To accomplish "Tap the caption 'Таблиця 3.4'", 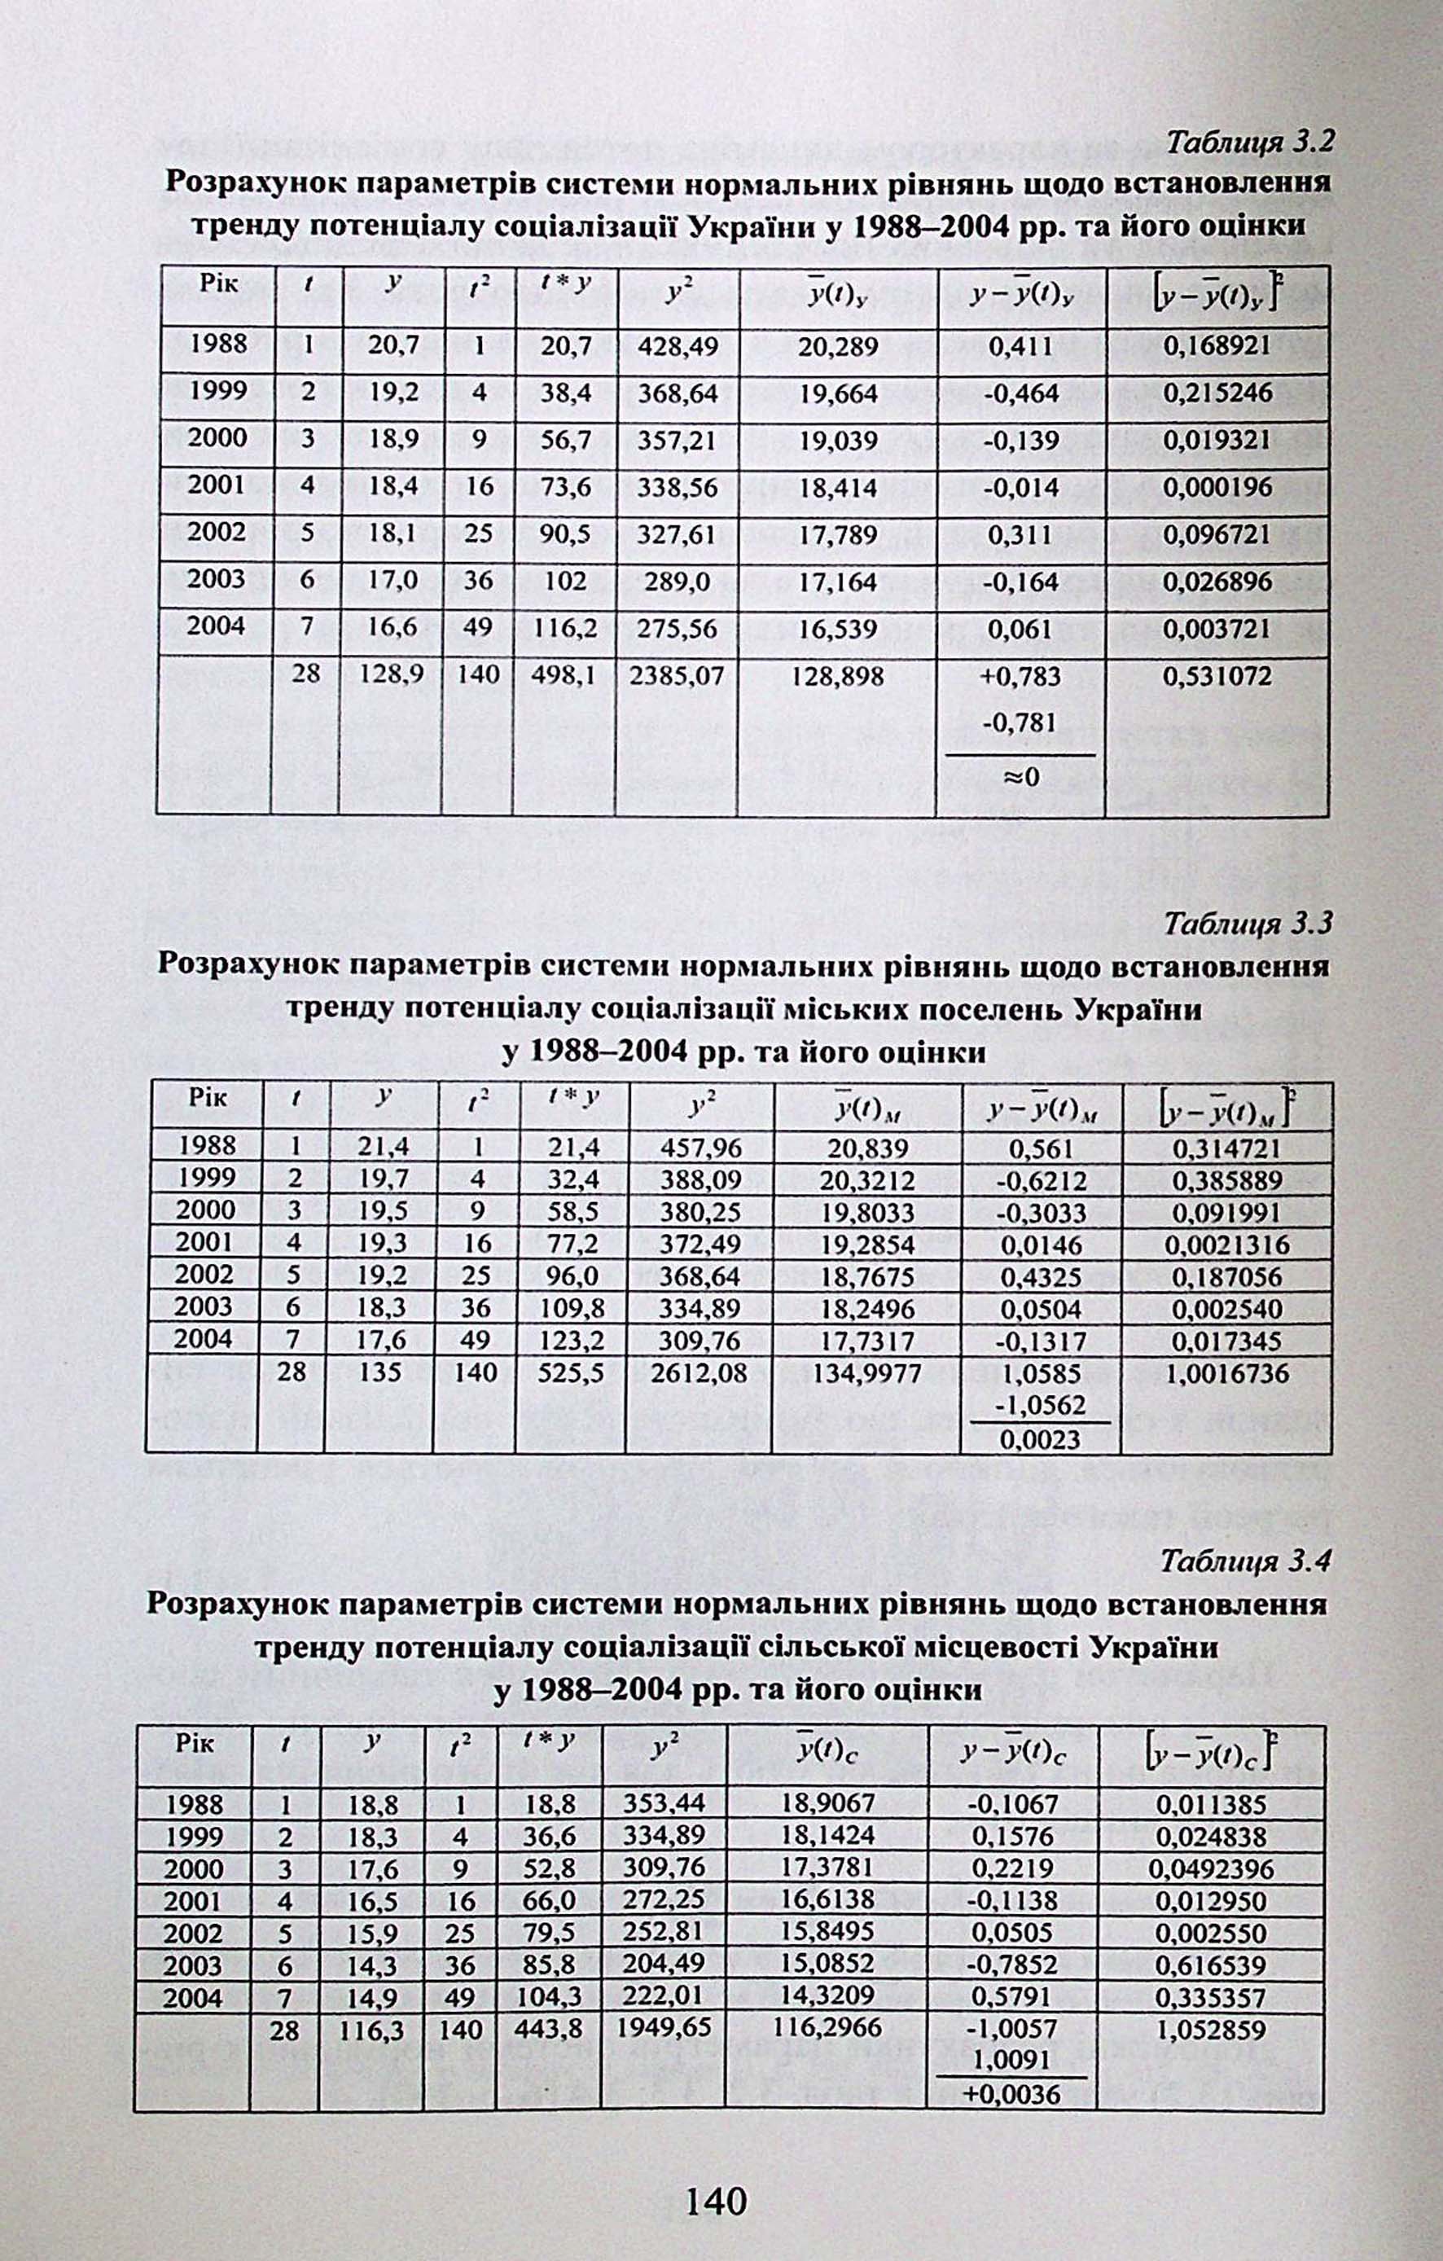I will click(x=1245, y=1561).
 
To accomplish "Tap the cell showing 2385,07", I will click(x=677, y=676).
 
